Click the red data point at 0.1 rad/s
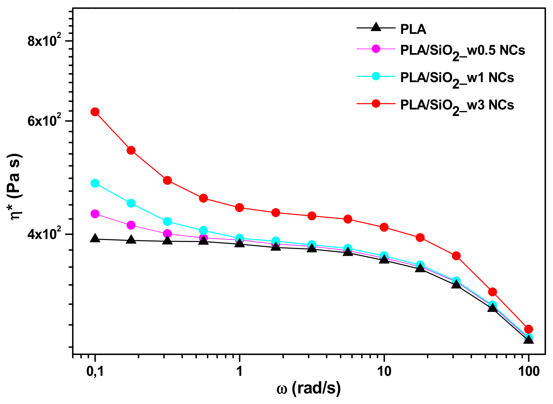(x=95, y=112)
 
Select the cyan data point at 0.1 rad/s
(x=95, y=183)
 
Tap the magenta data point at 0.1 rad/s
(x=95, y=214)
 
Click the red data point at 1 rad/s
(x=239, y=208)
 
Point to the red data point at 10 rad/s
(x=384, y=227)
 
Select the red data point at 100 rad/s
(x=529, y=329)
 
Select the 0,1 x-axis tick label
(x=95, y=371)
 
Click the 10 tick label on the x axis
(x=384, y=371)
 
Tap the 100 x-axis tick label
(x=529, y=371)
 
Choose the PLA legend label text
(x=413, y=29)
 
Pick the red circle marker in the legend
(x=376, y=103)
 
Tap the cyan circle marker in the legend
(x=376, y=76)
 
